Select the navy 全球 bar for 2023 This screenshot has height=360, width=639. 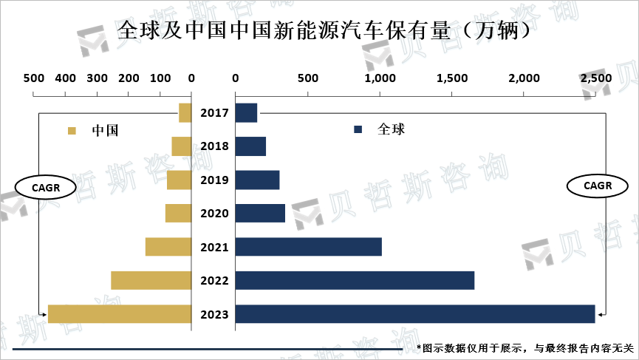[414, 314]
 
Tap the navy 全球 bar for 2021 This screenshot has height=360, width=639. [308, 247]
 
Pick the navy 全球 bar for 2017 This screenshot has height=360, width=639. [246, 113]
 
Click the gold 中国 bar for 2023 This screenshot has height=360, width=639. [120, 314]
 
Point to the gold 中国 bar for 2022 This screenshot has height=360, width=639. [151, 280]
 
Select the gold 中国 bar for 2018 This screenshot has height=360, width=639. [182, 146]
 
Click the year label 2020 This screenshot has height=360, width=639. [214, 214]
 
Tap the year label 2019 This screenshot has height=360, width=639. [214, 180]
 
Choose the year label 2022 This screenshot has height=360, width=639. [214, 281]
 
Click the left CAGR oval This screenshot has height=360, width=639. [46, 188]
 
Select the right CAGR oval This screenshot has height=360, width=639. [598, 186]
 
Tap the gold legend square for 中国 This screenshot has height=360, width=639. [72, 131]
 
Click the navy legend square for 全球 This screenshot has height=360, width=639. [358, 129]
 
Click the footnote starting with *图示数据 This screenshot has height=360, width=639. [524, 347]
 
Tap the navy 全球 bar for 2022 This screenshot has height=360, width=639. [355, 280]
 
